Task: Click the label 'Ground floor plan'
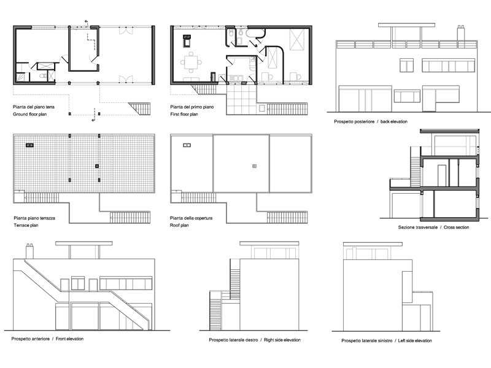tap(29, 114)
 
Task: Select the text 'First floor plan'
tap(184, 114)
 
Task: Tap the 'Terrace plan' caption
tap(26, 225)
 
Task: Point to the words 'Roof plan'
tap(179, 225)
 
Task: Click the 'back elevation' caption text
tap(394, 121)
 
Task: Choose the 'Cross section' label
tap(456, 228)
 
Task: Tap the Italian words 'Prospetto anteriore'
tap(30, 339)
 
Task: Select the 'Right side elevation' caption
tap(282, 340)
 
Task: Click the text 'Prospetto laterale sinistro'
tap(366, 341)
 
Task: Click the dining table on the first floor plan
tap(191, 63)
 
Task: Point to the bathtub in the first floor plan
tap(256, 33)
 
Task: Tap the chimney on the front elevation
tap(29, 251)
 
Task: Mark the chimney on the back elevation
tap(461, 33)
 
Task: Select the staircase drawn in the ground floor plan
tap(140, 109)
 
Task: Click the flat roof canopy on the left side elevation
tap(373, 243)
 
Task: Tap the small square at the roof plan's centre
tap(254, 166)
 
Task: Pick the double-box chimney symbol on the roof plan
tap(187, 145)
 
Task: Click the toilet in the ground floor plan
tap(43, 75)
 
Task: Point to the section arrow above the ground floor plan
tap(87, 23)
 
